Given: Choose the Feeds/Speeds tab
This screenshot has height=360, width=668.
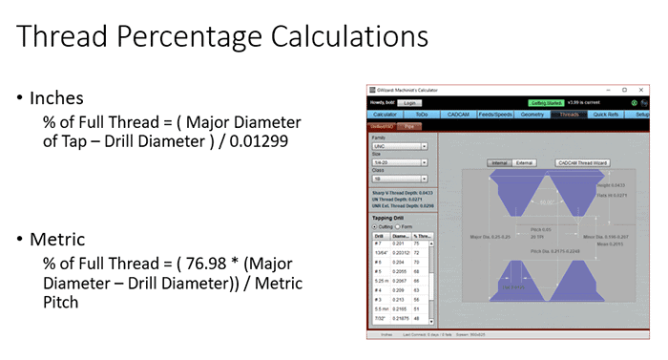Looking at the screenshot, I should [x=496, y=114].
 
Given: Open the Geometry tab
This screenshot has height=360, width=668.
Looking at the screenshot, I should [x=533, y=114].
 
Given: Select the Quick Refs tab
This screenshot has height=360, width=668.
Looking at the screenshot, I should [x=606, y=114].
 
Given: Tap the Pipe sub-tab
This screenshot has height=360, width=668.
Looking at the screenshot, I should [x=408, y=125].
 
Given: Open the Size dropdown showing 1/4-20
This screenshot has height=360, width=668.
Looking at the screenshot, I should [x=398, y=163].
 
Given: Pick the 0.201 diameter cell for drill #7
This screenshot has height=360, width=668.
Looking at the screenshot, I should [x=402, y=244].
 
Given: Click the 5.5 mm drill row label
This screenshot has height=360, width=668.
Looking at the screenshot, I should [x=379, y=308].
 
